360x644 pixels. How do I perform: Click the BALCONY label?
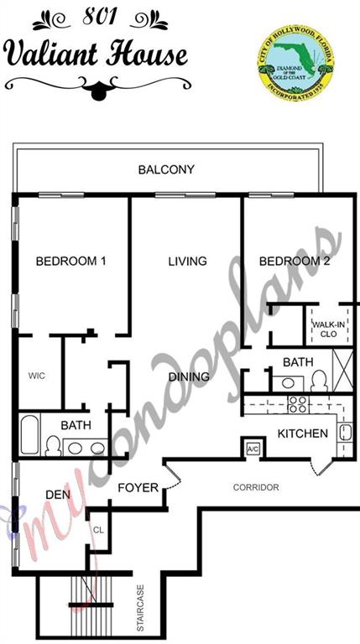click(x=166, y=169)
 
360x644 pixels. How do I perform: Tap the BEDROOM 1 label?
click(x=71, y=261)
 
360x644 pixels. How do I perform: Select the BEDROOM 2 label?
click(x=295, y=261)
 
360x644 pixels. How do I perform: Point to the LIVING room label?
click(x=187, y=261)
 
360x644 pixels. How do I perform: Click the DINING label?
click(x=190, y=377)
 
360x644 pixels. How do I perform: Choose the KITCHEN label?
click(x=302, y=434)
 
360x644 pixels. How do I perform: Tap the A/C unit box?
click(x=253, y=449)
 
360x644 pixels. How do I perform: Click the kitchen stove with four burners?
click(x=299, y=404)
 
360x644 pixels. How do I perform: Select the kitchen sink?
click(x=344, y=433)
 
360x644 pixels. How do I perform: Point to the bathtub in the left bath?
click(x=29, y=435)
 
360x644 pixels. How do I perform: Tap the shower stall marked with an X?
click(x=342, y=370)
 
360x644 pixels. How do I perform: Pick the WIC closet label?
click(x=37, y=376)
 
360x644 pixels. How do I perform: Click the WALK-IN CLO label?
click(x=328, y=329)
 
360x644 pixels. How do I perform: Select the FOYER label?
click(x=138, y=487)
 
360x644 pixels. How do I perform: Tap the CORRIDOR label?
click(x=256, y=487)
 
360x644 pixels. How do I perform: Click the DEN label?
click(x=58, y=495)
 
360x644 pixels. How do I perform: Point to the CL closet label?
click(x=99, y=530)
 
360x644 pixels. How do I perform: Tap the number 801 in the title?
click(x=101, y=17)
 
